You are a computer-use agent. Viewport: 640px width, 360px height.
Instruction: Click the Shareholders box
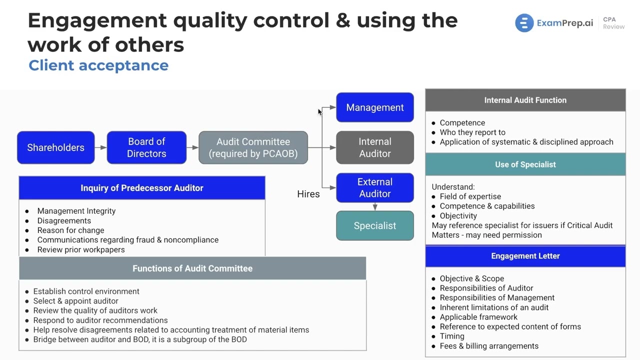(55, 147)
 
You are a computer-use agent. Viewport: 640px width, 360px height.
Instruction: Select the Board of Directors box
(146, 147)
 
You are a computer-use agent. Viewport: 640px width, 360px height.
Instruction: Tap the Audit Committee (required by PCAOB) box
(253, 147)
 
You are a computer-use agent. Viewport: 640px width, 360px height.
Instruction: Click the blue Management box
(375, 107)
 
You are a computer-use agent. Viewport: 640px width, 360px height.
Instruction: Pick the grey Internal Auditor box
(375, 147)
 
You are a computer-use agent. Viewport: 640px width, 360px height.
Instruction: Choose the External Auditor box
(375, 187)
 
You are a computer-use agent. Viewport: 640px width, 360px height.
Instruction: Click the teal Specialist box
(375, 225)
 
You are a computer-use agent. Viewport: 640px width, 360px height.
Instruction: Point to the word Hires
(308, 194)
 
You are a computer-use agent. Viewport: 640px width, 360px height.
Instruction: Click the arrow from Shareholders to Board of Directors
(100, 147)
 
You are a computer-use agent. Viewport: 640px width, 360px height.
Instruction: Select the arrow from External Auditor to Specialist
(375, 206)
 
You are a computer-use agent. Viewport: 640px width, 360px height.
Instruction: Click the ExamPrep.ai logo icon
(524, 23)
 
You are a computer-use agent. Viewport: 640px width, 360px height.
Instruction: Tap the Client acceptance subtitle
(98, 65)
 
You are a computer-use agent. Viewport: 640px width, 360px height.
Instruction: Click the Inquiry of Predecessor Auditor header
(142, 188)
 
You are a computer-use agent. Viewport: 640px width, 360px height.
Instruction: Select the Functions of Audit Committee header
(192, 268)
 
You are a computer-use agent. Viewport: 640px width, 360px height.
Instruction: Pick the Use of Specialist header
(525, 164)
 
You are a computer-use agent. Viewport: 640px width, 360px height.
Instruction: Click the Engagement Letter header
(525, 256)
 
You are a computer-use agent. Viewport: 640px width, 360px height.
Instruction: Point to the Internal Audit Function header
(525, 100)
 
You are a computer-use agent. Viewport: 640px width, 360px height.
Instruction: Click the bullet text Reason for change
(70, 230)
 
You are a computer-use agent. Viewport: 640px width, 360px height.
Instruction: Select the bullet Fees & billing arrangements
(489, 346)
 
